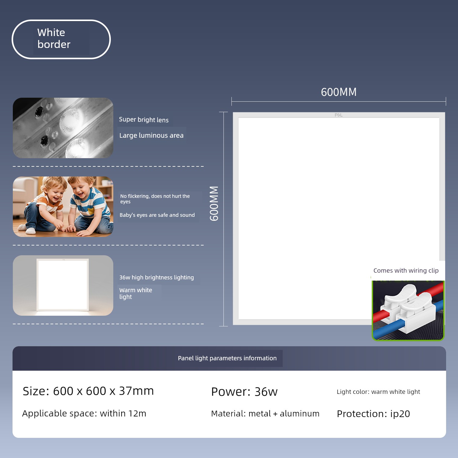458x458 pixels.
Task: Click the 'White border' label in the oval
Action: pyautogui.click(x=54, y=38)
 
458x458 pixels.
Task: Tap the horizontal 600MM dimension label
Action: pyautogui.click(x=339, y=92)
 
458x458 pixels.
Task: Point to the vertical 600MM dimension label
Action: pyautogui.click(x=214, y=203)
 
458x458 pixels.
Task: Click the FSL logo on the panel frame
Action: pyautogui.click(x=339, y=115)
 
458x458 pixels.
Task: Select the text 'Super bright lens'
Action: pyautogui.click(x=144, y=120)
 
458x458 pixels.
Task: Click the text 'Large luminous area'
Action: pyautogui.click(x=151, y=135)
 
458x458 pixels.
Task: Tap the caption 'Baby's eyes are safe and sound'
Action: pyautogui.click(x=157, y=215)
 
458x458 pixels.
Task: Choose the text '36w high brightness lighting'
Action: pyautogui.click(x=157, y=277)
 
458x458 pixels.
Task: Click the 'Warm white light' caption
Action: pyautogui.click(x=136, y=293)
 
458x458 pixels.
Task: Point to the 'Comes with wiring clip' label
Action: pyautogui.click(x=406, y=271)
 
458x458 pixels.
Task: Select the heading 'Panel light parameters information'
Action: pyautogui.click(x=227, y=358)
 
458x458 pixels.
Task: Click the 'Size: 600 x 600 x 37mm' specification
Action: pyautogui.click(x=88, y=391)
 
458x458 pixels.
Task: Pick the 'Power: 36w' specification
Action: pyautogui.click(x=244, y=392)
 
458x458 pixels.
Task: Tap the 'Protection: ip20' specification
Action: pyautogui.click(x=373, y=414)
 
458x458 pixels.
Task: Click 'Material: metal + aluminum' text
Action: pyautogui.click(x=265, y=413)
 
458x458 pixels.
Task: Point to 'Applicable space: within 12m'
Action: pyautogui.click(x=84, y=413)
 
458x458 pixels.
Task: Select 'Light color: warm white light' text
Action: pyautogui.click(x=378, y=392)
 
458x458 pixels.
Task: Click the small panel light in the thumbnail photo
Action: pyautogui.click(x=63, y=285)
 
